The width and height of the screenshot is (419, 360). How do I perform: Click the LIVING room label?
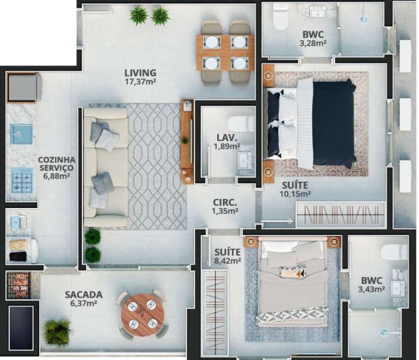point(140,73)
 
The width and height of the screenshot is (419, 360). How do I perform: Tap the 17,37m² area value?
point(140,82)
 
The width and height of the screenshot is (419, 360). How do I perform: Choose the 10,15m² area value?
point(295,194)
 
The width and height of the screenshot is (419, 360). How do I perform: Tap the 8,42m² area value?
point(228,261)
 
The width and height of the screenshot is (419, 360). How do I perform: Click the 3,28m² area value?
point(313,43)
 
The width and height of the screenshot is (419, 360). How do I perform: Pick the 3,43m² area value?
point(372,289)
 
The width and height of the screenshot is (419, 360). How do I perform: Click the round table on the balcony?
point(142,312)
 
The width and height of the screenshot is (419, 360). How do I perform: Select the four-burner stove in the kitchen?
point(22,180)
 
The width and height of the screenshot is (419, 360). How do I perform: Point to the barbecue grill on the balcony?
point(19,285)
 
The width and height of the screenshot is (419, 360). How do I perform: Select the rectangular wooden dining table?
point(225,52)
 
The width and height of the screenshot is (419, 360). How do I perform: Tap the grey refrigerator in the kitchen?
point(24,87)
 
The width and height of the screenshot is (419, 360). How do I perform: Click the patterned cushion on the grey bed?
point(293,271)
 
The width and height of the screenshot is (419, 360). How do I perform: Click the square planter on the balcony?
point(57,331)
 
